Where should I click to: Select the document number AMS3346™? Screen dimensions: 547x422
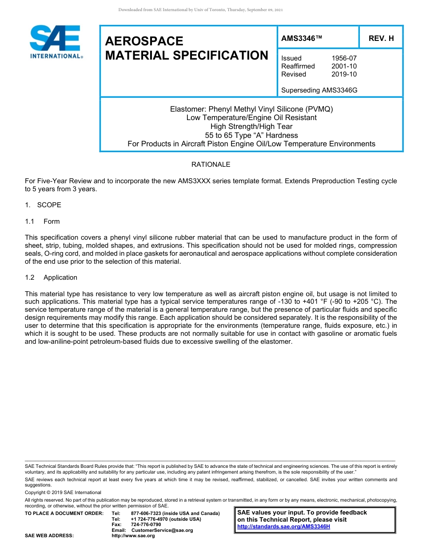(x=301, y=39)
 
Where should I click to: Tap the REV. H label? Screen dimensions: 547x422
(x=381, y=39)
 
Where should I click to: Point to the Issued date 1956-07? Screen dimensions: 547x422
(x=344, y=58)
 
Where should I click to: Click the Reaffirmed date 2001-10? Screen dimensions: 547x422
(x=344, y=66)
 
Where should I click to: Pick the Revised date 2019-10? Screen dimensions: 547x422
(x=344, y=74)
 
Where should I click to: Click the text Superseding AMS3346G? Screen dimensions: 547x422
(x=319, y=90)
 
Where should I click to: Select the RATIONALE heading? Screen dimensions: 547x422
(x=211, y=165)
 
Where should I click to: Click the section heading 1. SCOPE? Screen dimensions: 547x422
(x=43, y=205)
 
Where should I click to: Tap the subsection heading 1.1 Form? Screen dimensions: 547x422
(x=43, y=221)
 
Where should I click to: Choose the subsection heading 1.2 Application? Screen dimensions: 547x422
(x=51, y=278)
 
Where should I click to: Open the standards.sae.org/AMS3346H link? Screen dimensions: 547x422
(x=283, y=527)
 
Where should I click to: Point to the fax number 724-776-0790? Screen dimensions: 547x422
(x=146, y=525)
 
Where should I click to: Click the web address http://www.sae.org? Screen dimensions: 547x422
(x=133, y=536)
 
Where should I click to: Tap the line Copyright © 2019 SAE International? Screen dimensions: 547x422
(x=63, y=492)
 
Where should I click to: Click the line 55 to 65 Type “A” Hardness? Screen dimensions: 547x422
(x=251, y=135)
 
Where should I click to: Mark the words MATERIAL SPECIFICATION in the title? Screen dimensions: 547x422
(x=187, y=56)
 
